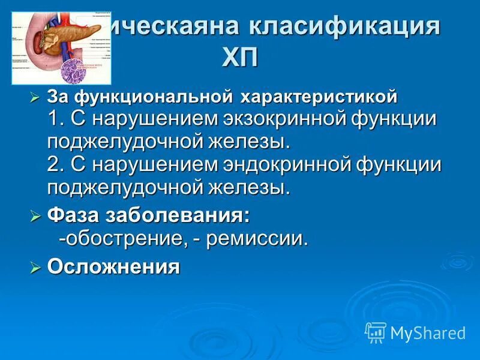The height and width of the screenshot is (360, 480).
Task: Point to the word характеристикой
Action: pos(319,96)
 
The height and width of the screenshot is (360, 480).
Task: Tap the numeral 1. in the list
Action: pos(56,118)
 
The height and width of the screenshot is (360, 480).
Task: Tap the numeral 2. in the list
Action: pos(56,164)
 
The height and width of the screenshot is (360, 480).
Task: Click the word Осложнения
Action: pos(113,266)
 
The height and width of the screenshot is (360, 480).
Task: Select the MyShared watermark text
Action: pos(428,332)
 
